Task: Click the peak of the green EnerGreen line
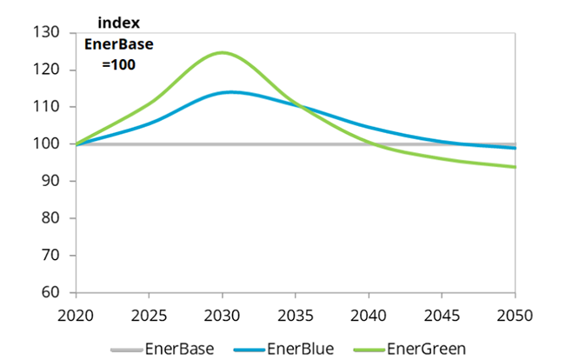point(222,52)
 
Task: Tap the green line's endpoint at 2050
point(515,167)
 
